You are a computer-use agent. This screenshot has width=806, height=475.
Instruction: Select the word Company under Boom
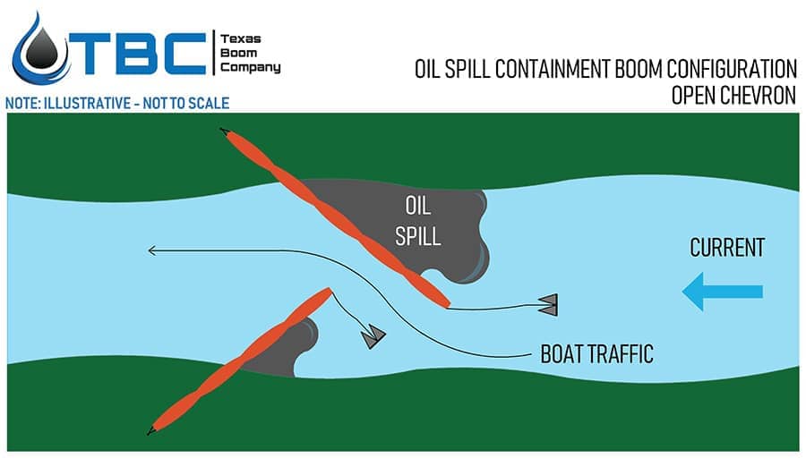[x=250, y=68]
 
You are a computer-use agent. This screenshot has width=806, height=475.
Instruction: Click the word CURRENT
[x=727, y=248]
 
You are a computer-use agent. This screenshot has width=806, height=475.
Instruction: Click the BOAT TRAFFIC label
[x=596, y=354]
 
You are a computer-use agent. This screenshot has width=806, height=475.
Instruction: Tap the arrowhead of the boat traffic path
[x=153, y=250]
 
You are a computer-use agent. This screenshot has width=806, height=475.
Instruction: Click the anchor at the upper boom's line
[x=548, y=304]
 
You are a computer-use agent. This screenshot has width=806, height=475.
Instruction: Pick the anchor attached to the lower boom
[x=373, y=335]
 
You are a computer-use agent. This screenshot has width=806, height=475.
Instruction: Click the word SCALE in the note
[x=207, y=103]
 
